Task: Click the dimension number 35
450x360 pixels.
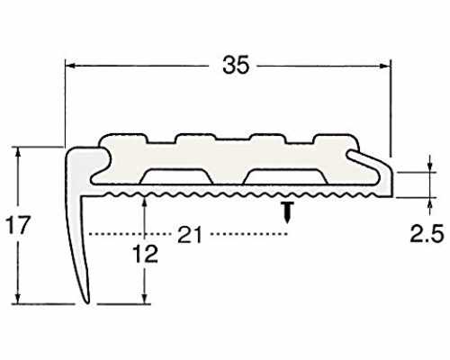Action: pos(236,65)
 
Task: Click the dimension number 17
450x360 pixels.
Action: pos(19,225)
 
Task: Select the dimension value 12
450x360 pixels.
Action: pos(146,254)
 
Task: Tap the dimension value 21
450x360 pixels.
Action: pos(190,235)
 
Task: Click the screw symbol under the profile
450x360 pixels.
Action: pos(288,212)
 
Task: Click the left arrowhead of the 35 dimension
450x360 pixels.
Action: pos(70,66)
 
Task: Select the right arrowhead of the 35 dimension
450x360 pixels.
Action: pos(385,66)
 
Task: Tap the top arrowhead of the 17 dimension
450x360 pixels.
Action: pos(18,152)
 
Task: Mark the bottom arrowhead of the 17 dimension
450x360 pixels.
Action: pos(18,299)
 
